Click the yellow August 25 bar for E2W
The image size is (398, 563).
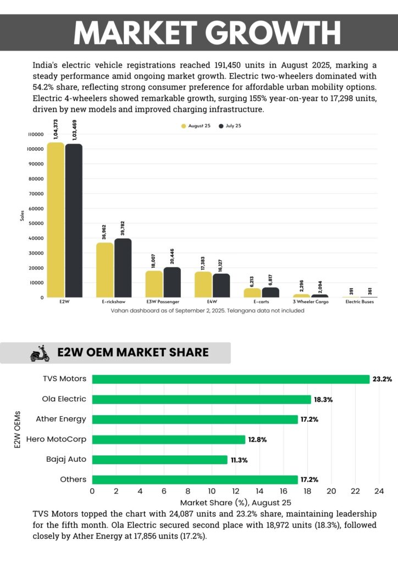tap(56, 220)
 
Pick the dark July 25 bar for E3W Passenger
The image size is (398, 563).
tap(172, 282)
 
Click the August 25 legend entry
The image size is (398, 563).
tap(197, 126)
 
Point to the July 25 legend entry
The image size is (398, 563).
tap(230, 126)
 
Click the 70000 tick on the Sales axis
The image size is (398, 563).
tap(35, 194)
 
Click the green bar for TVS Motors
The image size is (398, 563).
tap(231, 379)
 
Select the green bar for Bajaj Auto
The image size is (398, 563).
tap(159, 460)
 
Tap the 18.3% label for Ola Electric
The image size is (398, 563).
tap(323, 400)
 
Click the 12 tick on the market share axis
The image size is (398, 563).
tap(236, 491)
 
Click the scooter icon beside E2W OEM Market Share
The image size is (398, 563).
tap(40, 353)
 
